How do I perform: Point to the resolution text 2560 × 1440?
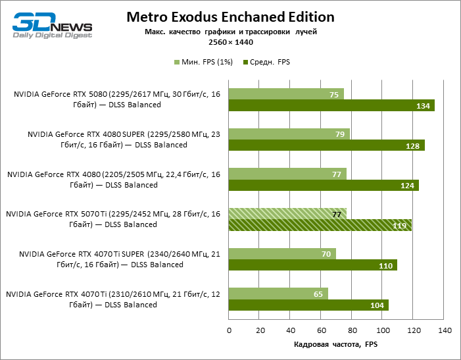coord(230,42)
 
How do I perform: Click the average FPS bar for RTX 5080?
coord(331,106)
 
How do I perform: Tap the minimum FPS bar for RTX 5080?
coord(286,95)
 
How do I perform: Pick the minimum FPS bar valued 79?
coord(289,134)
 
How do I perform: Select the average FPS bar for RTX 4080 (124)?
coord(324,186)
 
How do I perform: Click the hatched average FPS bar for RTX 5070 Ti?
coord(320,225)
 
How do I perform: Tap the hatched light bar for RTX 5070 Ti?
coord(287,214)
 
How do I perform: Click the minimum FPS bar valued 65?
coord(278,294)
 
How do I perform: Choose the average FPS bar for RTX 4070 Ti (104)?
coord(308,305)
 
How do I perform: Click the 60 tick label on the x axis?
coord(321,329)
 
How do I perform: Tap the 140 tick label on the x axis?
coord(444,329)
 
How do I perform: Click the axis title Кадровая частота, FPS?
coord(337,344)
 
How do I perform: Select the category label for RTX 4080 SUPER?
coord(124,140)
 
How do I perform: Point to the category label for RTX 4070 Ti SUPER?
coord(120,259)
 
